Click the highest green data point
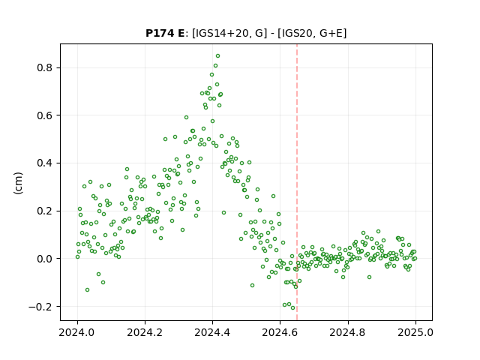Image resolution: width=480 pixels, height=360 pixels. point(217,56)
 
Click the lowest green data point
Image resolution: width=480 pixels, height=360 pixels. point(292,307)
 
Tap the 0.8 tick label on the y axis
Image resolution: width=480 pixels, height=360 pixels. point(44,67)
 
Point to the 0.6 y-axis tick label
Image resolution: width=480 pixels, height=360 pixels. point(44,115)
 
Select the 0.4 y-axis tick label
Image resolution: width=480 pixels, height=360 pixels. point(44,163)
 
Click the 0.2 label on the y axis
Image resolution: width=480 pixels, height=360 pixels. point(44,211)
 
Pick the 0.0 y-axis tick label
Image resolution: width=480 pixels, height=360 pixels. point(44,259)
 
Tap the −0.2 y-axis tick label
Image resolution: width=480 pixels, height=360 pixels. point(40,307)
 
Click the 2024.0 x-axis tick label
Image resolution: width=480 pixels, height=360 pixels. point(77,332)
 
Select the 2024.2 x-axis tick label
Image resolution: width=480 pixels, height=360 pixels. point(145,332)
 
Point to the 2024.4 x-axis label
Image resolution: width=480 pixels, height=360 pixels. point(212,332)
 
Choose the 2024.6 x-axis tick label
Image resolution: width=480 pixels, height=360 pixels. point(280,332)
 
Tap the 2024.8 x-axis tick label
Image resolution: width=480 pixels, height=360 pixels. point(347,332)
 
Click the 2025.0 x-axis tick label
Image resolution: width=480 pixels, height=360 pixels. point(415,332)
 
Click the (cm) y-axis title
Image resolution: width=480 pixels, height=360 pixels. point(18,183)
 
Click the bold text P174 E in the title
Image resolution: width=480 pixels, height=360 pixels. point(165,33)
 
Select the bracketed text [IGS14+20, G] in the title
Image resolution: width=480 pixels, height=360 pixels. point(227,33)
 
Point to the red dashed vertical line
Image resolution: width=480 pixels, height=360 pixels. point(297,182)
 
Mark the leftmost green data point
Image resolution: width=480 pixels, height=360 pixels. point(77,256)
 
